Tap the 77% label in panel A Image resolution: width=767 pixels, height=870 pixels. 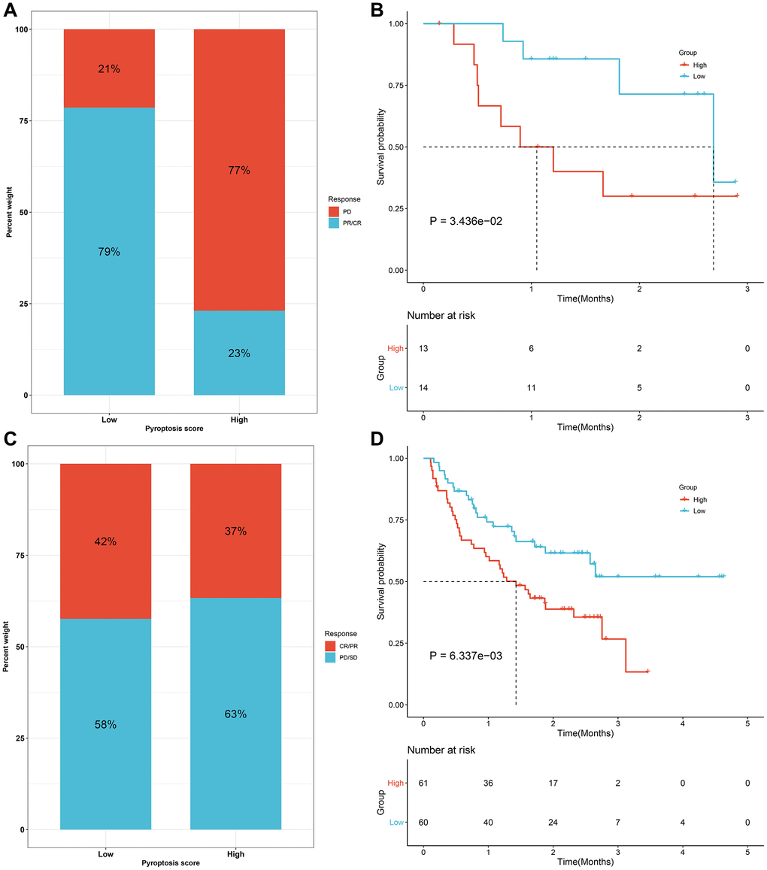click(240, 171)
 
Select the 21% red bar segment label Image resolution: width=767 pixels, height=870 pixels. click(109, 69)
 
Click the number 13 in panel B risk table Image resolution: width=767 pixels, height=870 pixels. click(423, 348)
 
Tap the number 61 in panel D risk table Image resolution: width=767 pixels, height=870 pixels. click(423, 783)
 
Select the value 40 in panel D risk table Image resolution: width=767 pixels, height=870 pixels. click(488, 822)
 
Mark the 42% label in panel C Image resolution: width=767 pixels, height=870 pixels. click(105, 542)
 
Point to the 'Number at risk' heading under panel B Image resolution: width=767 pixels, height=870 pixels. click(441, 316)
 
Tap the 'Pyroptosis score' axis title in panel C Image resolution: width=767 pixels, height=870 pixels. click(170, 862)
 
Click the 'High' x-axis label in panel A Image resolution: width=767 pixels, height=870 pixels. click(239, 420)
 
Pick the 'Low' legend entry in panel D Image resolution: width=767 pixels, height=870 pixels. click(699, 511)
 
